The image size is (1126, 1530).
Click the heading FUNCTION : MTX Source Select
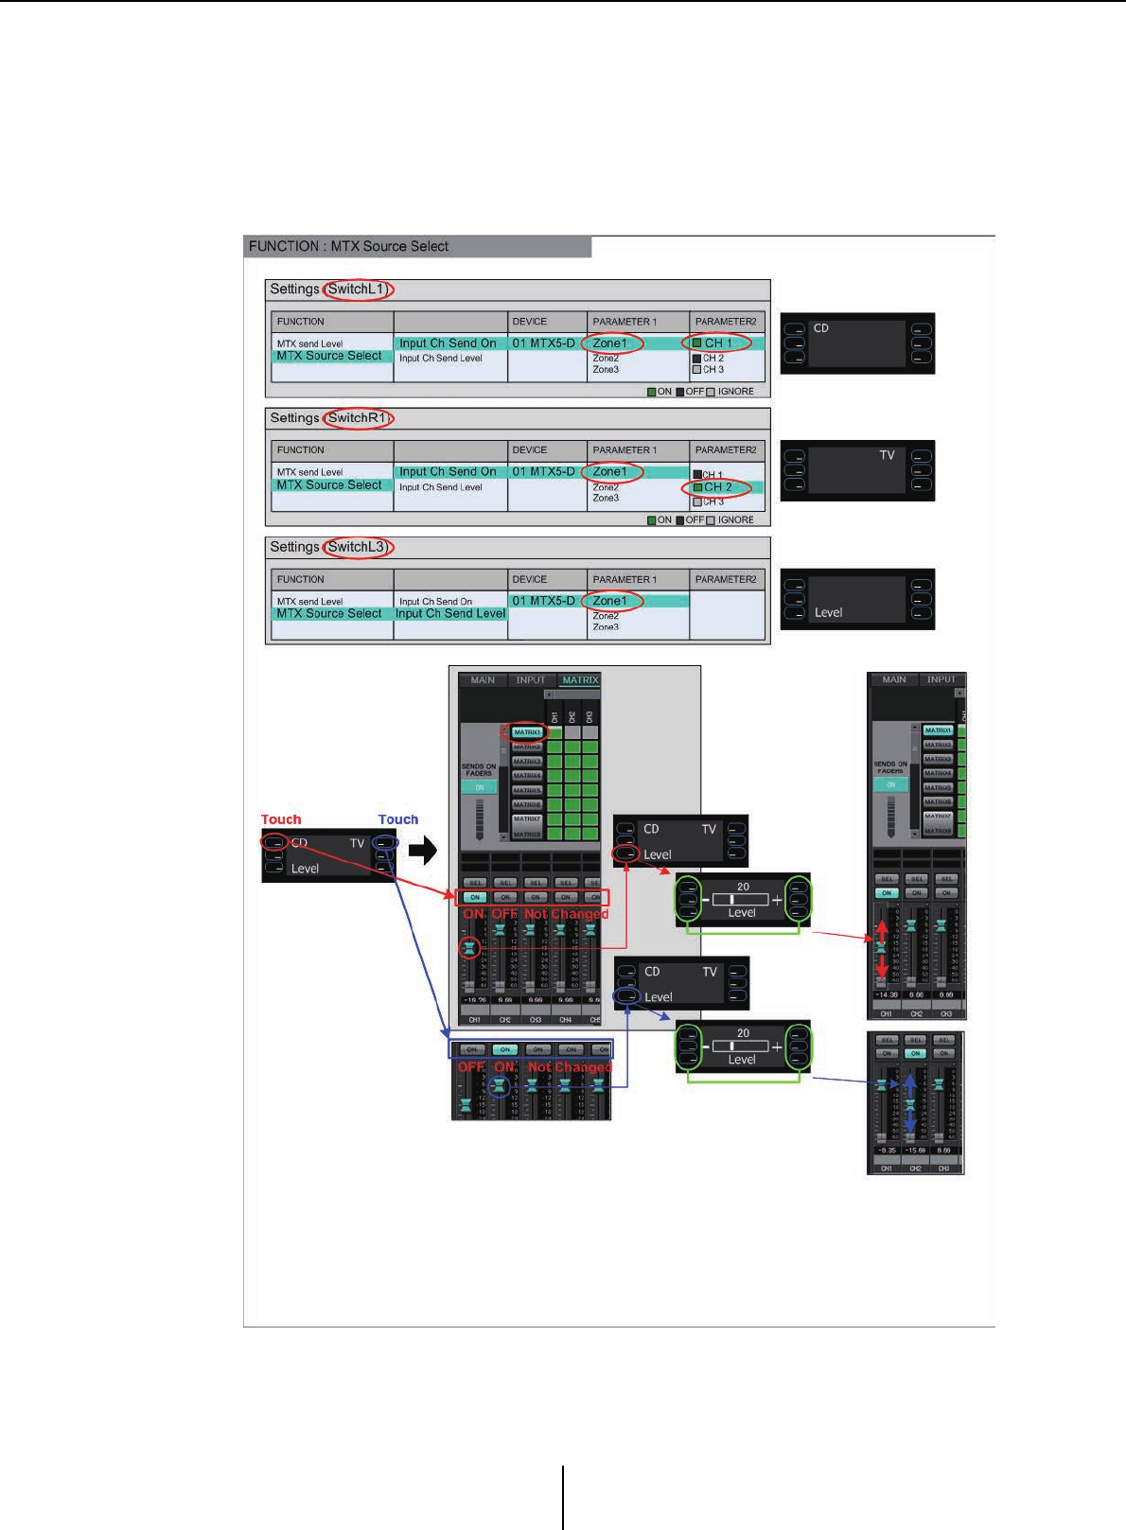pos(348,246)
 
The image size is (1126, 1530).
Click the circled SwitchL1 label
pos(358,290)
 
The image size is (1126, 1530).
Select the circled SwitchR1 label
pos(358,418)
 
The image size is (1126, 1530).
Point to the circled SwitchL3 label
pos(358,547)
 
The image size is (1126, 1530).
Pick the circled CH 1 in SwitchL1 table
pos(717,343)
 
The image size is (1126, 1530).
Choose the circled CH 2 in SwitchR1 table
pos(717,487)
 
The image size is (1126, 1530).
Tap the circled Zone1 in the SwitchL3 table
pos(610,601)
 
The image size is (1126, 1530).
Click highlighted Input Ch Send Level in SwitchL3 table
pos(450,614)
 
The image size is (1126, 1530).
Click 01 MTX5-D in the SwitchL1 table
pos(543,343)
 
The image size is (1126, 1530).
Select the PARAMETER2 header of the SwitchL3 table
pos(726,579)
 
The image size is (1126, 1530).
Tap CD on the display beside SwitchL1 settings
pos(821,328)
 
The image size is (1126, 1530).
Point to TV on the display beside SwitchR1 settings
pos(887,455)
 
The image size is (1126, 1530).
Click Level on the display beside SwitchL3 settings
pos(828,613)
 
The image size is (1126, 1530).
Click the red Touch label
pos(281,819)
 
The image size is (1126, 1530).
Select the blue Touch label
pos(397,819)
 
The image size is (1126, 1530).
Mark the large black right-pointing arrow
pos(423,850)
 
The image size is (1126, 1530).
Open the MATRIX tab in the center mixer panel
pos(580,679)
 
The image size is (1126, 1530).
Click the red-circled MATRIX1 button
pos(527,732)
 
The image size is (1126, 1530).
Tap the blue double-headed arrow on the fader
pos(910,1103)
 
